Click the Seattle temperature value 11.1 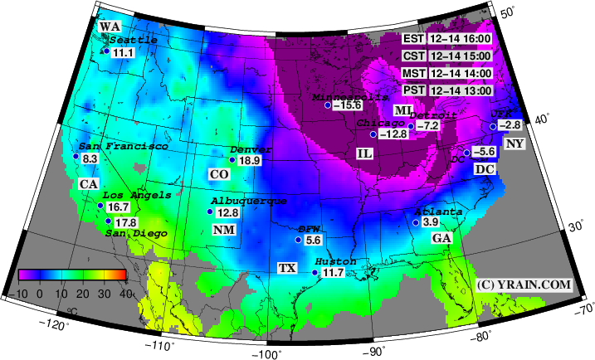point(124,52)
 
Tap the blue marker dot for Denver point(232,160)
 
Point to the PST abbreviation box point(414,90)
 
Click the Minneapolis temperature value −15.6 point(348,105)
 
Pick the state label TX point(287,269)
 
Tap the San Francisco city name point(124,146)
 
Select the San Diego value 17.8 point(126,222)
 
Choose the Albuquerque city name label point(249,202)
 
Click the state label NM point(223,229)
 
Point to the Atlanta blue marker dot point(415,222)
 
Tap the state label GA point(441,238)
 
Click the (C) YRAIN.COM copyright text point(524,285)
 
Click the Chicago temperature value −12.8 point(393,134)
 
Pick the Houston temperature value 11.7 point(332,273)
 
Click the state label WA point(110,27)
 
